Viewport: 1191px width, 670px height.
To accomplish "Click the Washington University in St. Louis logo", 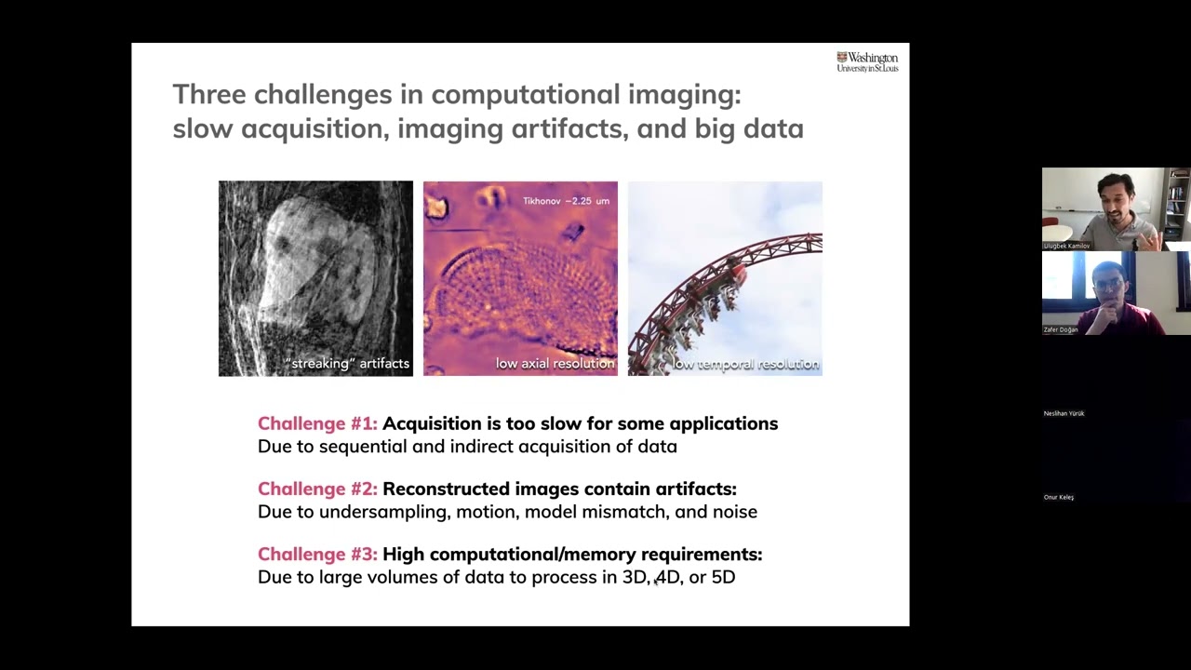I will coord(867,62).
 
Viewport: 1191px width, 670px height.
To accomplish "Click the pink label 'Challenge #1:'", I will coord(317,424).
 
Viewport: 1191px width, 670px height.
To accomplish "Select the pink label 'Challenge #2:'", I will coord(317,489).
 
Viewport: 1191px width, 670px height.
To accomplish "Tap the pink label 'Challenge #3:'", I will coord(317,555).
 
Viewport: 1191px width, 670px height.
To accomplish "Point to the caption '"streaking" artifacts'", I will coord(348,364).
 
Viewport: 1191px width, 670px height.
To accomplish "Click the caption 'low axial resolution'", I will coord(555,364).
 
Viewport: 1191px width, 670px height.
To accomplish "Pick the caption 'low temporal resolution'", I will coord(745,364).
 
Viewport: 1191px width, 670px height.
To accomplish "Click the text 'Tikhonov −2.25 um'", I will coord(566,201).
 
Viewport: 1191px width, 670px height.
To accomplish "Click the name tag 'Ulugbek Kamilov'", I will coord(1067,246).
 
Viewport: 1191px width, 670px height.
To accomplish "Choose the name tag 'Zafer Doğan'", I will coord(1061,329).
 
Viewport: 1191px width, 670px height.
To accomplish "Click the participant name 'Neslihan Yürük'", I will coord(1064,413).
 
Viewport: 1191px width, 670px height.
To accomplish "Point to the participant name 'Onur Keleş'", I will coord(1059,497).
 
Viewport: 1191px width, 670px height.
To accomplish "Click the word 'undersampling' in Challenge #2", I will coord(375,512).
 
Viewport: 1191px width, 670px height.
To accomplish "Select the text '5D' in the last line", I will coord(723,577).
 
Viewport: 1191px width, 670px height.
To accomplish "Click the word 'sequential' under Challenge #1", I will coord(357,447).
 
